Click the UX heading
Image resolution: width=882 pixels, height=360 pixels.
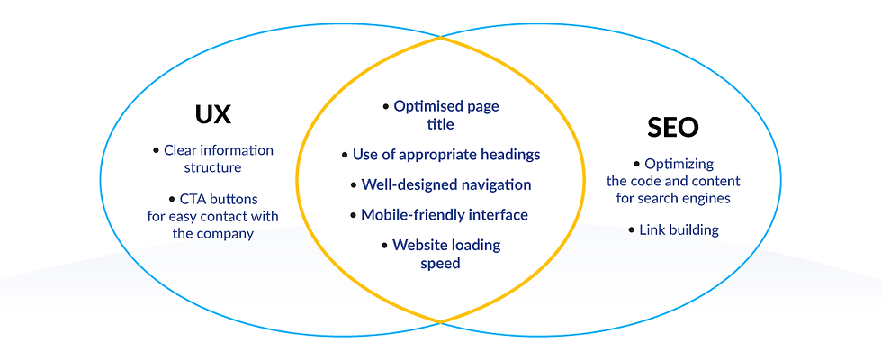[213, 115]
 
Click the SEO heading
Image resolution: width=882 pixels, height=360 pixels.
[673, 128]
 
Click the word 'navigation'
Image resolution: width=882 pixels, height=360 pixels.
[494, 184]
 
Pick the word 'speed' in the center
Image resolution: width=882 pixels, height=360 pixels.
[440, 263]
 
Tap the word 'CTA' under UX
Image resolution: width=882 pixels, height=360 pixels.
[193, 199]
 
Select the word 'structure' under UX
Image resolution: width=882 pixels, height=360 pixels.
[212, 167]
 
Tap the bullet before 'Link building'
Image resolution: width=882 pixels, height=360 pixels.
[632, 230]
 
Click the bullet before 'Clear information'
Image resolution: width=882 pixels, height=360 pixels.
[157, 151]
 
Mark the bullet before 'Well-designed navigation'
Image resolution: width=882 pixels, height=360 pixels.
[354, 185]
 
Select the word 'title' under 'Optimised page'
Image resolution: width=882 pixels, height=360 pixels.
[440, 124]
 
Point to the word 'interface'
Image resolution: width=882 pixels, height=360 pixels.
[499, 214]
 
